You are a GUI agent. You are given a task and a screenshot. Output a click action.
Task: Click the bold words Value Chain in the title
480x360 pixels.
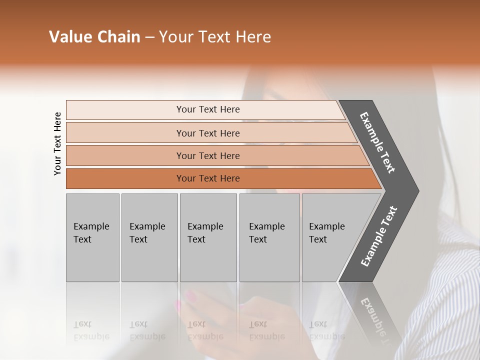pos(94,37)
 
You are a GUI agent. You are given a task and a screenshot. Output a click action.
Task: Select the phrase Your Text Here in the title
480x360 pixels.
pos(215,37)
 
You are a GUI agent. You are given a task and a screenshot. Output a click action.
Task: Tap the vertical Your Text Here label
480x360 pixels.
pos(57,143)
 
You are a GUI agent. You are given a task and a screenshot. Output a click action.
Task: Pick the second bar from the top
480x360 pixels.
pos(208,133)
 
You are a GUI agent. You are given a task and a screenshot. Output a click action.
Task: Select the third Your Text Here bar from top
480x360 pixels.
pos(208,155)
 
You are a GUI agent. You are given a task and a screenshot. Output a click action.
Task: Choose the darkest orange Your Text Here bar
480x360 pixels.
pos(208,178)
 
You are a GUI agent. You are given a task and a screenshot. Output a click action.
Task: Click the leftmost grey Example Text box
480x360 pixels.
pos(92,237)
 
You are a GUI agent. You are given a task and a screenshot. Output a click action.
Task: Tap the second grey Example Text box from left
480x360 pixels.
pos(149,237)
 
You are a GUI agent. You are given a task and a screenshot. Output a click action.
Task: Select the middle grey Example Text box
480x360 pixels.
pos(208,237)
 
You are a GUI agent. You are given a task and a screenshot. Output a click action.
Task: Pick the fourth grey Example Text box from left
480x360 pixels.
pos(269,237)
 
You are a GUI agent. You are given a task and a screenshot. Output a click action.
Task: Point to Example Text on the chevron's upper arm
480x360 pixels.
pos(377,142)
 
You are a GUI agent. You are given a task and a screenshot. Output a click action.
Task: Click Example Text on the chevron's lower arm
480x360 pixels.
pos(378,236)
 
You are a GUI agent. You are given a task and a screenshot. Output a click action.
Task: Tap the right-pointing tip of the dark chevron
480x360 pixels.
pos(415,191)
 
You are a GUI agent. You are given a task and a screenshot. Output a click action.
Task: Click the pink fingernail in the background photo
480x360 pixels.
pos(177,305)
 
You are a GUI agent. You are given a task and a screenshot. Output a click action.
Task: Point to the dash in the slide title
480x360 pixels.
pos(149,37)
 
